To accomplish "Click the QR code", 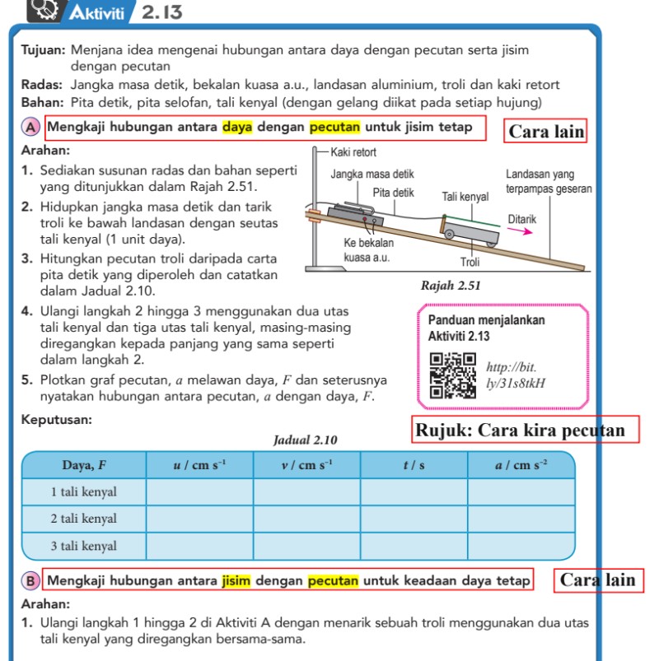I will [x=452, y=375].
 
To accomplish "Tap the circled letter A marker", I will [x=30, y=128].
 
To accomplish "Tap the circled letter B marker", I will [x=30, y=580].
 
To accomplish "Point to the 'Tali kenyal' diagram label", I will [x=465, y=197].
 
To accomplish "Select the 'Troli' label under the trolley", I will [x=470, y=262].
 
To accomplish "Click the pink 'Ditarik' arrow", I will [x=520, y=232].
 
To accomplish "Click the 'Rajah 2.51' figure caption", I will [x=450, y=286].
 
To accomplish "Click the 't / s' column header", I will [x=414, y=465].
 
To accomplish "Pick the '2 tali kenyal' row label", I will [x=84, y=519].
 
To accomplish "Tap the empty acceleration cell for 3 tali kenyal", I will [x=521, y=546].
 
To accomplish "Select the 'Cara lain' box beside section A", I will [x=546, y=132].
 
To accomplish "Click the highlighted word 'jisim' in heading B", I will [x=236, y=580].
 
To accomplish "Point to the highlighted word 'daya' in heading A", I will [x=237, y=128].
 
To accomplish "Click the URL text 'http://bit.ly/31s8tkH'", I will [x=515, y=375].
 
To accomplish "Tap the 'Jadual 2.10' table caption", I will [x=305, y=440].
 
